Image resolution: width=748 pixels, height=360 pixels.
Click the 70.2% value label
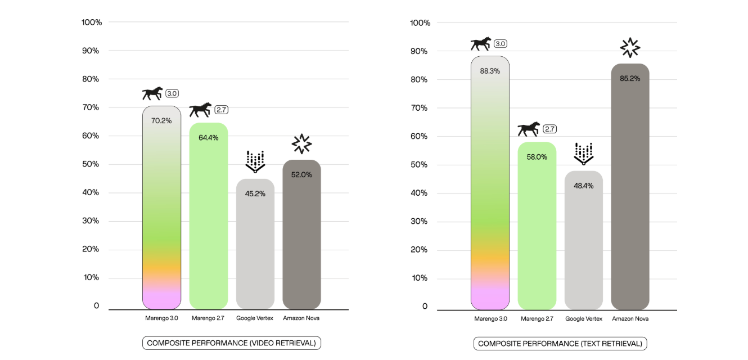(x=161, y=120)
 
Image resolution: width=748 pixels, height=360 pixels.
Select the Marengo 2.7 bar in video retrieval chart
(x=209, y=225)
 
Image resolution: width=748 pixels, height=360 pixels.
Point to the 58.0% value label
(x=537, y=157)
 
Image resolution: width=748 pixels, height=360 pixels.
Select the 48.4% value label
(x=584, y=186)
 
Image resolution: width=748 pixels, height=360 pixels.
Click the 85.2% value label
(x=630, y=78)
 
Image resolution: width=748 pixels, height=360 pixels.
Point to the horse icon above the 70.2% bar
(x=152, y=93)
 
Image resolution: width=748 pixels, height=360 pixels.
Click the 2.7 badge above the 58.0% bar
(x=549, y=129)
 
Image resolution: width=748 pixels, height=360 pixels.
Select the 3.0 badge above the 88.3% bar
(x=500, y=43)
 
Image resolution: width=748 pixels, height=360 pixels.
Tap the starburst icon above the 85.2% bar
(x=630, y=48)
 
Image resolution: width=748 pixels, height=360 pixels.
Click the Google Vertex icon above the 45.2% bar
(x=255, y=161)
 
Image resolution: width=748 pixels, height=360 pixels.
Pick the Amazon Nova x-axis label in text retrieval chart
(x=630, y=318)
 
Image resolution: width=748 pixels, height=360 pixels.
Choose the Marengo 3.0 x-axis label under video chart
(x=161, y=318)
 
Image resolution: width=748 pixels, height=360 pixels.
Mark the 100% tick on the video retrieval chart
(x=91, y=22)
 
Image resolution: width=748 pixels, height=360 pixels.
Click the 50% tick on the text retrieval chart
(x=420, y=165)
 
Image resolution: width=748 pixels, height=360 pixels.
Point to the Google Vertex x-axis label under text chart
(x=584, y=318)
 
